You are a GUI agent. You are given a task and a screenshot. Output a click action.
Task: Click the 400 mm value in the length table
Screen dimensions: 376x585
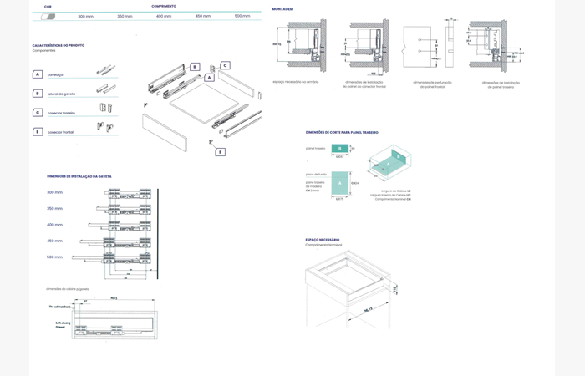(164, 16)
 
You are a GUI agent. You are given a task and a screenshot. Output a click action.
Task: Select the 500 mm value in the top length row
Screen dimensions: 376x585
(242, 16)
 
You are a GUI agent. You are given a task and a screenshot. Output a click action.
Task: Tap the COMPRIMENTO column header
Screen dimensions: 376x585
(164, 6)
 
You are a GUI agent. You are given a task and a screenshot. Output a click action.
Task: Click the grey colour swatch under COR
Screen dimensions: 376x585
(48, 16)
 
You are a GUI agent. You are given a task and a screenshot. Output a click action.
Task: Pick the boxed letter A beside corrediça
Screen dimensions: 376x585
(38, 74)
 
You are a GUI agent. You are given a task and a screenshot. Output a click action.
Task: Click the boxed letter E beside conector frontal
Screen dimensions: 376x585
(38, 131)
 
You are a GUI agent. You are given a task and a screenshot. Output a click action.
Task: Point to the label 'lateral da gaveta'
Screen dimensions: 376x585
(62, 94)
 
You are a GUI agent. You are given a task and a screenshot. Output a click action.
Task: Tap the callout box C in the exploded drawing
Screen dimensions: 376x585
(225, 65)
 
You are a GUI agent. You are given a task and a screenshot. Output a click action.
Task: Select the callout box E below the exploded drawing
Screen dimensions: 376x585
(221, 152)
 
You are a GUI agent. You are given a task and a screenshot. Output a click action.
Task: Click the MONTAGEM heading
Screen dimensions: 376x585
(282, 9)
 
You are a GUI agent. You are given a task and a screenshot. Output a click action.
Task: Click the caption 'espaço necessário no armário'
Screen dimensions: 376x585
(296, 82)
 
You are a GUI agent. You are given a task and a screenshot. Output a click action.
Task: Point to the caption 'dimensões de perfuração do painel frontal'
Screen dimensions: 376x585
(433, 84)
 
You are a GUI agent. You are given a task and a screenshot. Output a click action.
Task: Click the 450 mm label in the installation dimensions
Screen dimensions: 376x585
(54, 241)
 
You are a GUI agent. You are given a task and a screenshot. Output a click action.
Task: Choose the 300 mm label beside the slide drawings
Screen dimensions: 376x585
(54, 192)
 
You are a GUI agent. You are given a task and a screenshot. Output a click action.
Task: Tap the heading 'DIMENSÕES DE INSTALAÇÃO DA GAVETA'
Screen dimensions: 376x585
(79, 176)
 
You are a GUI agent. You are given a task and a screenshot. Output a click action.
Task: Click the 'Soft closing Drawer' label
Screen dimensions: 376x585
(61, 325)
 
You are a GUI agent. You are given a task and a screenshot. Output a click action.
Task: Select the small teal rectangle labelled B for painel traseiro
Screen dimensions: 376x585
(339, 149)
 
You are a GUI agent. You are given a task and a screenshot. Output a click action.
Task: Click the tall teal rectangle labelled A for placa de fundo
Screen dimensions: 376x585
(339, 183)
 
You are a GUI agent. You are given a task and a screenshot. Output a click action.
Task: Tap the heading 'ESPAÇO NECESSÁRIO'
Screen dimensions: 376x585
(323, 240)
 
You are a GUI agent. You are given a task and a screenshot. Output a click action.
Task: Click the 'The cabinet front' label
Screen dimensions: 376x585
(61, 307)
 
